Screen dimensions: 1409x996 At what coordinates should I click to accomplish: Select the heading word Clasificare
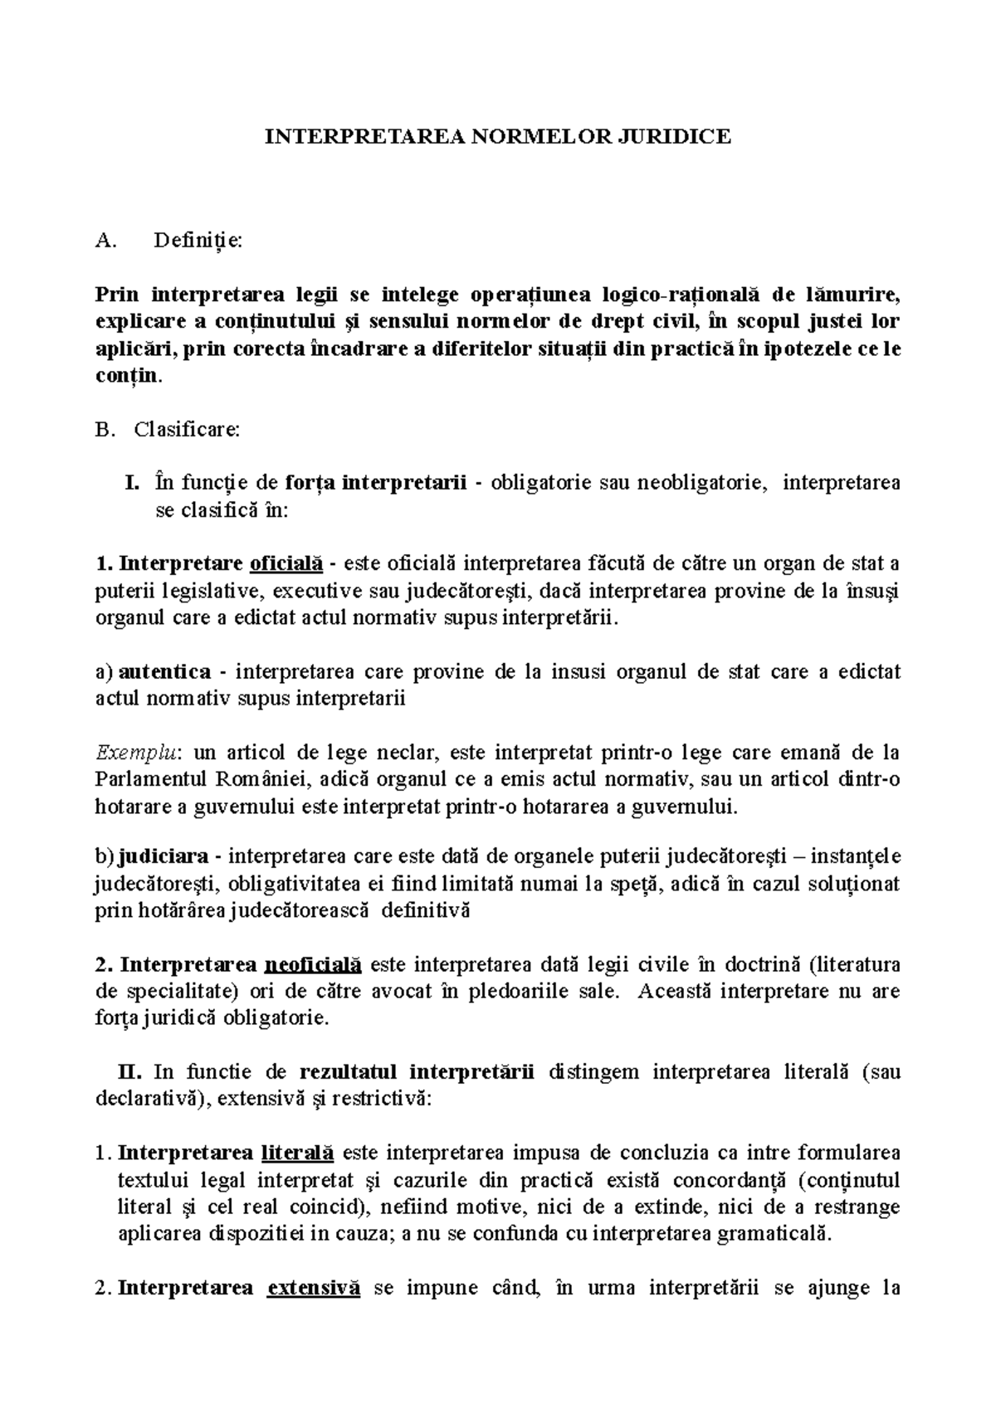187,430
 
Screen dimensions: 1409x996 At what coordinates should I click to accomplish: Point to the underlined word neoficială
312,964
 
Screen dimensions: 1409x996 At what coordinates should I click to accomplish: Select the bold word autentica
165,671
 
